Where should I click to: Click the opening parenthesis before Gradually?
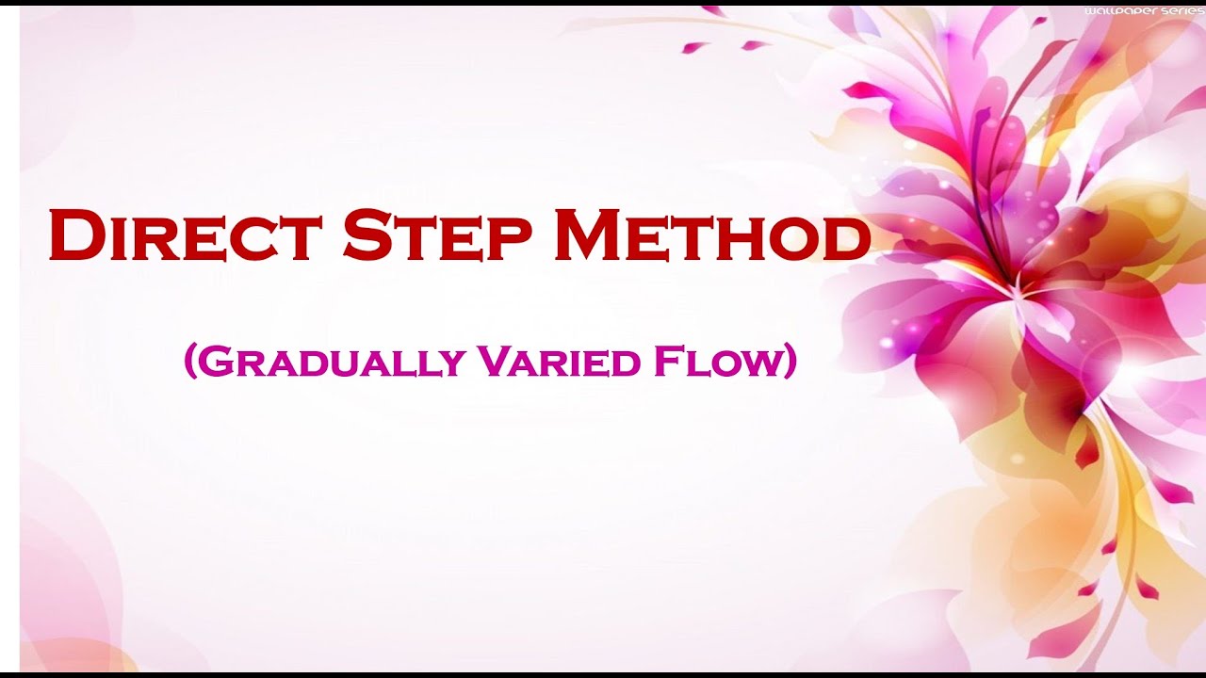coord(189,363)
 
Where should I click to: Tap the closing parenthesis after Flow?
coord(790,363)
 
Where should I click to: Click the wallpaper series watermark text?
coord(1144,10)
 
